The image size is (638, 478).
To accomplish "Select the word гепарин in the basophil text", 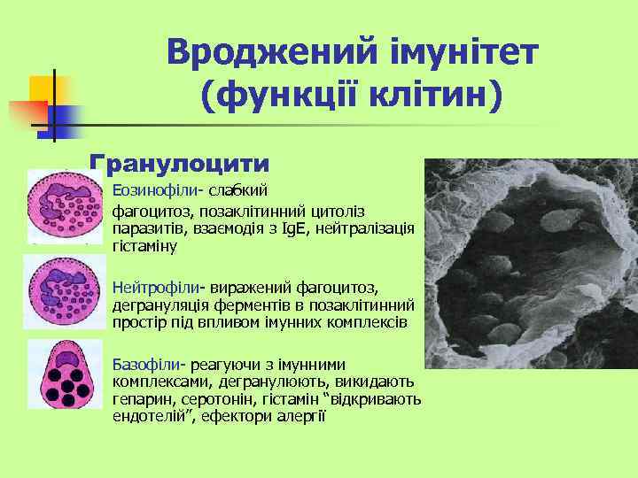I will [x=139, y=398].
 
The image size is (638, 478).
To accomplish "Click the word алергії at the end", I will [x=301, y=415].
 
